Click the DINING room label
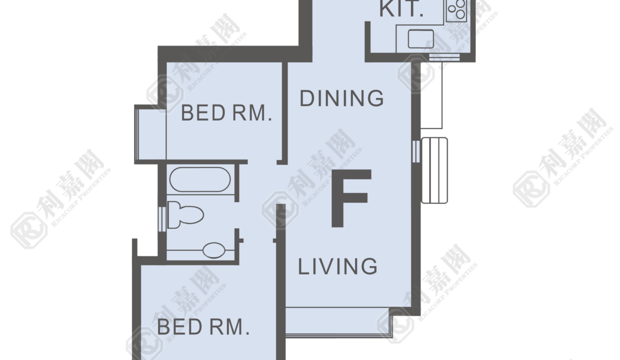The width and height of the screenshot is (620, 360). [342, 98]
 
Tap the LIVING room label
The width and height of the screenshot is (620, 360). [337, 266]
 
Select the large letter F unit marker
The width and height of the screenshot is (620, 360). [351, 198]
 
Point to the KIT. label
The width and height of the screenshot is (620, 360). [401, 9]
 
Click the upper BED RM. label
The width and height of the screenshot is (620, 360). [226, 113]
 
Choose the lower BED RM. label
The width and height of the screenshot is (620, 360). [203, 327]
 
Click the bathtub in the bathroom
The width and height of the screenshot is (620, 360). [200, 179]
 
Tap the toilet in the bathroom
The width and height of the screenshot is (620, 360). [185, 214]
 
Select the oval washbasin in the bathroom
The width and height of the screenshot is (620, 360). [214, 250]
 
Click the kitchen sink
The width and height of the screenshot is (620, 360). [420, 39]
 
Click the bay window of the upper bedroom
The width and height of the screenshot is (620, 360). [150, 134]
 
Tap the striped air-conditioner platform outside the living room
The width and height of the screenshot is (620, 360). [434, 170]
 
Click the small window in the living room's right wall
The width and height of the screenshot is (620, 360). [416, 151]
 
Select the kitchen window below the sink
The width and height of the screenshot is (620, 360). [444, 57]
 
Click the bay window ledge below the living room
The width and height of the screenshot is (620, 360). [339, 322]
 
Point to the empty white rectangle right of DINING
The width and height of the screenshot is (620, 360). [431, 95]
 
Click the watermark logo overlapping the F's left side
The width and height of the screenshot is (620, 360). [280, 209]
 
